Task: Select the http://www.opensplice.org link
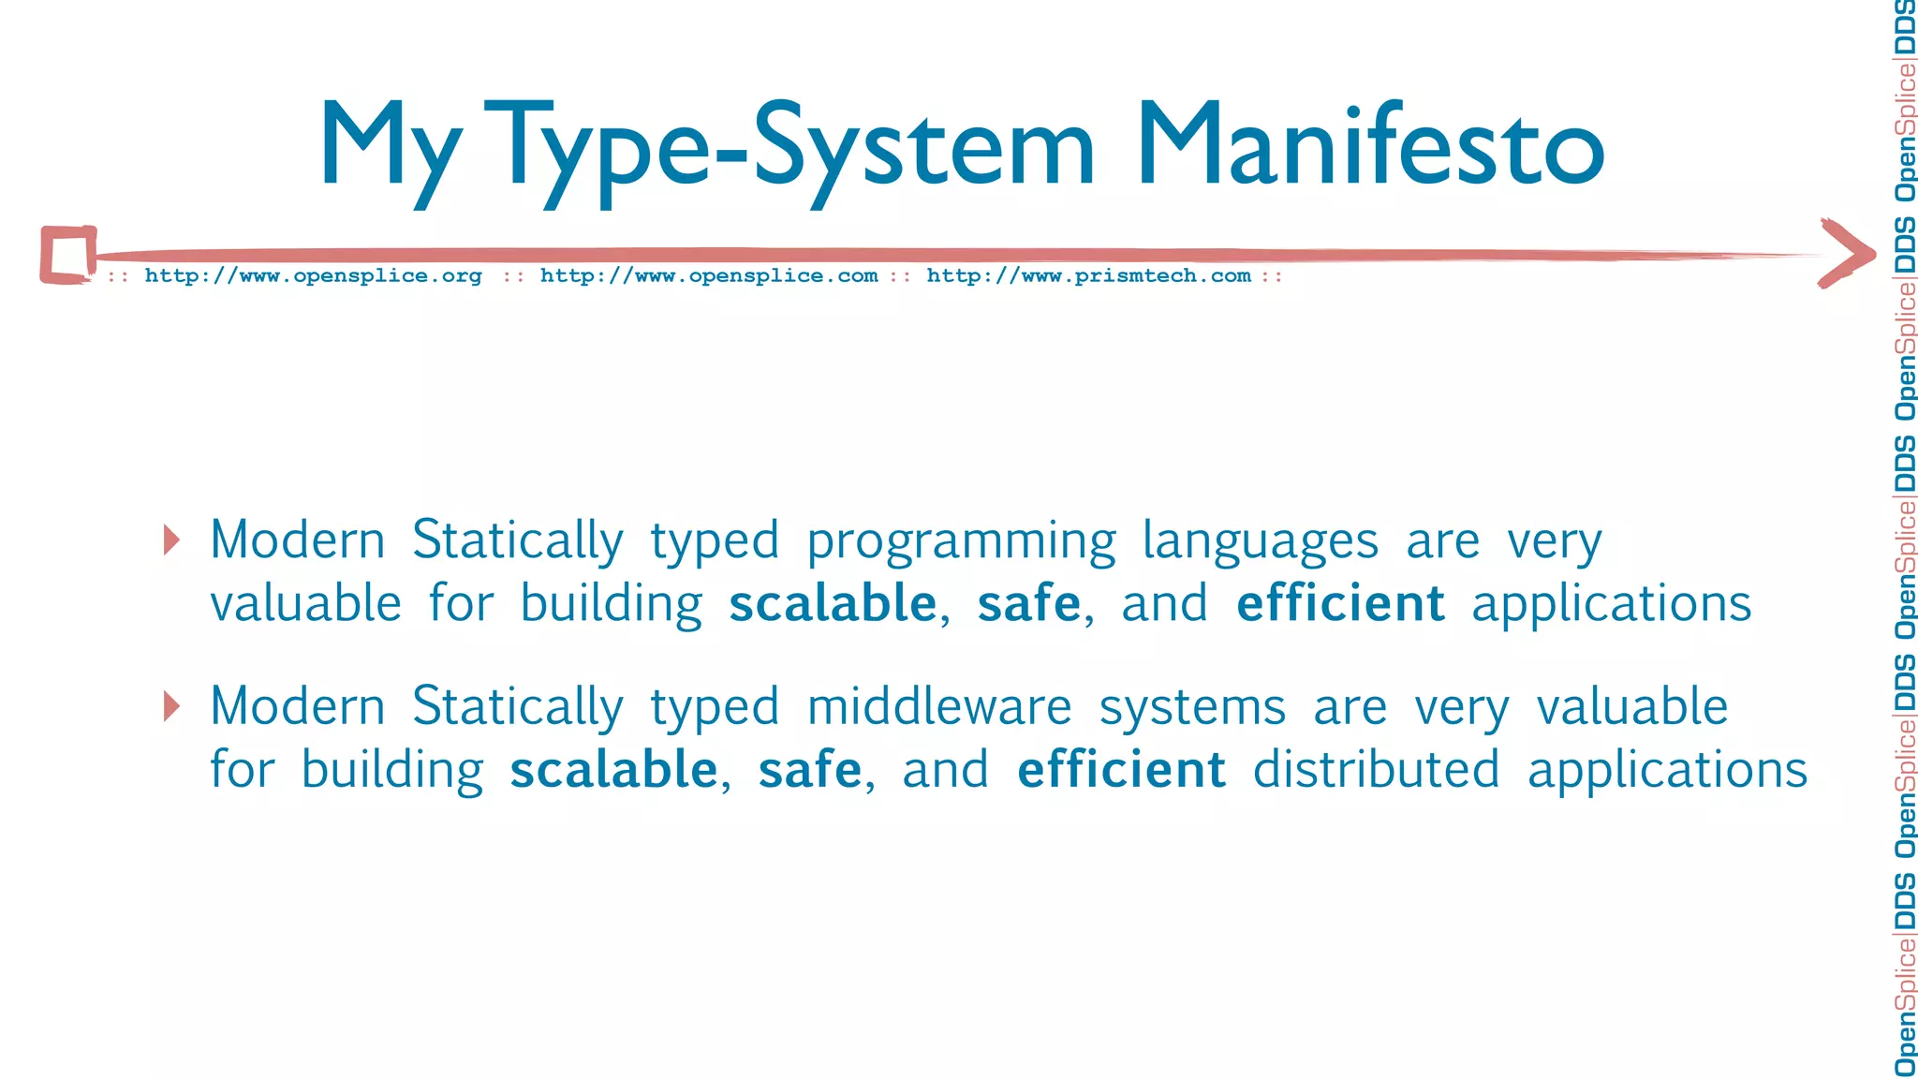313,276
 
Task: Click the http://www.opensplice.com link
709,276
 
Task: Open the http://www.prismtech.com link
1088,276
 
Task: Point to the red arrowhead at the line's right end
1847,253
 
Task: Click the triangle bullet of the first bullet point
171,540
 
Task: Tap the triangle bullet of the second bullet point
171,706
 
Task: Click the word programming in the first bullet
961,542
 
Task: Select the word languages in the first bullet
1260,542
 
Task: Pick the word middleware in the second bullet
938,707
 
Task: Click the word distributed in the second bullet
1376,770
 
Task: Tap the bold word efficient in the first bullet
1340,603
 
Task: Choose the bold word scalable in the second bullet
613,770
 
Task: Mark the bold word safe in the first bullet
1028,603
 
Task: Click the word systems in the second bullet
1192,709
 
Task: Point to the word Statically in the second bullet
517,707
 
